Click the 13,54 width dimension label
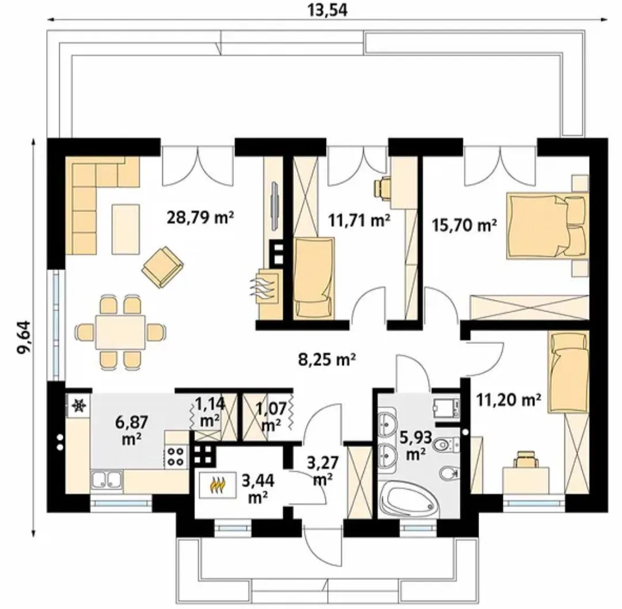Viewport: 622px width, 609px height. coord(327,11)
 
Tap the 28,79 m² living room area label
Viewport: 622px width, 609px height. coord(200,217)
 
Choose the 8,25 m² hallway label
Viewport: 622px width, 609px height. coord(327,360)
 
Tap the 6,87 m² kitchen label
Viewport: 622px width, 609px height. coord(132,429)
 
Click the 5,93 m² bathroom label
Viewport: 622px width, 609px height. coord(416,445)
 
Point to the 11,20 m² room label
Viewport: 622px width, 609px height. coord(509,400)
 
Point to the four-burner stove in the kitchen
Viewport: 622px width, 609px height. coord(176,456)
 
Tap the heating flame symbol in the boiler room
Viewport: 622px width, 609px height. coord(218,485)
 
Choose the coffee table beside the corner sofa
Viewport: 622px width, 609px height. coord(126,229)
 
